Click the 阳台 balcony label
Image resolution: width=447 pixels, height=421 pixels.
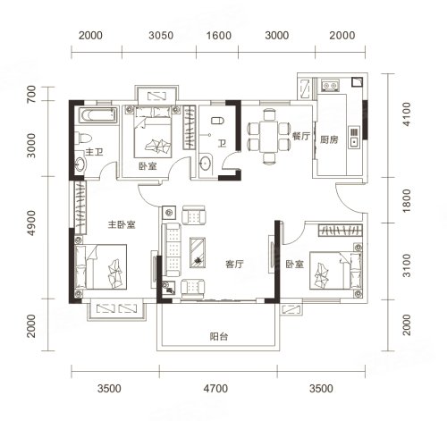(x=219, y=337)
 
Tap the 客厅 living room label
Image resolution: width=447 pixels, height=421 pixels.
(x=234, y=264)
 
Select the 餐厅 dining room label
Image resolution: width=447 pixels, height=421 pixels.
(x=301, y=136)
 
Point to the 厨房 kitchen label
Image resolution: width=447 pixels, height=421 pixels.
(x=329, y=139)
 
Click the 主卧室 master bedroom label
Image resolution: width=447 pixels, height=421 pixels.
(x=122, y=224)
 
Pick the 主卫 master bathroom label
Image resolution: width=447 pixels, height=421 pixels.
(x=94, y=152)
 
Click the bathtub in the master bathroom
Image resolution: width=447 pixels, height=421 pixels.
(x=97, y=115)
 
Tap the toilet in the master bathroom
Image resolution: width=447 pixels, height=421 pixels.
(x=83, y=139)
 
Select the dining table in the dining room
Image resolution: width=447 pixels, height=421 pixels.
(x=269, y=137)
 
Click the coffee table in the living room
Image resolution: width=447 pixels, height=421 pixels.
(x=198, y=252)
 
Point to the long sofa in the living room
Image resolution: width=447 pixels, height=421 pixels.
(x=172, y=249)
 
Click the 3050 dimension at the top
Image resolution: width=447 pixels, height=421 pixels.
(x=161, y=36)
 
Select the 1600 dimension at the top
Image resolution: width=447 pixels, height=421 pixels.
(x=219, y=36)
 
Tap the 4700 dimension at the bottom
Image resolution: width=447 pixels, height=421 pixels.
(x=215, y=389)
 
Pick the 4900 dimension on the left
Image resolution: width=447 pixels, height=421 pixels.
(x=31, y=223)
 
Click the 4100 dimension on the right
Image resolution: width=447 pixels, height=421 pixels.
(x=407, y=114)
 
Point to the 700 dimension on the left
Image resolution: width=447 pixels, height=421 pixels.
(x=31, y=94)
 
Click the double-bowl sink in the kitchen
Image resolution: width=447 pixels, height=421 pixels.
(x=330, y=85)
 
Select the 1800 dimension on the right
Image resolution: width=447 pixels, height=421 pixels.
(x=407, y=200)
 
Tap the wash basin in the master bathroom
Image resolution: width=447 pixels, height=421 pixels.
(x=80, y=163)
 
